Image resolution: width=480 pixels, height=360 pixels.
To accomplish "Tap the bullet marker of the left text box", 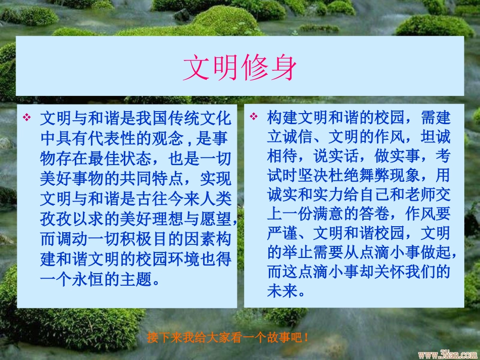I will [x=27, y=117].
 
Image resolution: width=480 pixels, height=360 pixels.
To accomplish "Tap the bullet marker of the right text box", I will [x=254, y=117].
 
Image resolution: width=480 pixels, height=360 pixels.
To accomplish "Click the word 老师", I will [x=407, y=194].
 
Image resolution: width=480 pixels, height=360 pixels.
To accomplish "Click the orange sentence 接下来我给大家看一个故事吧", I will [x=228, y=337].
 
